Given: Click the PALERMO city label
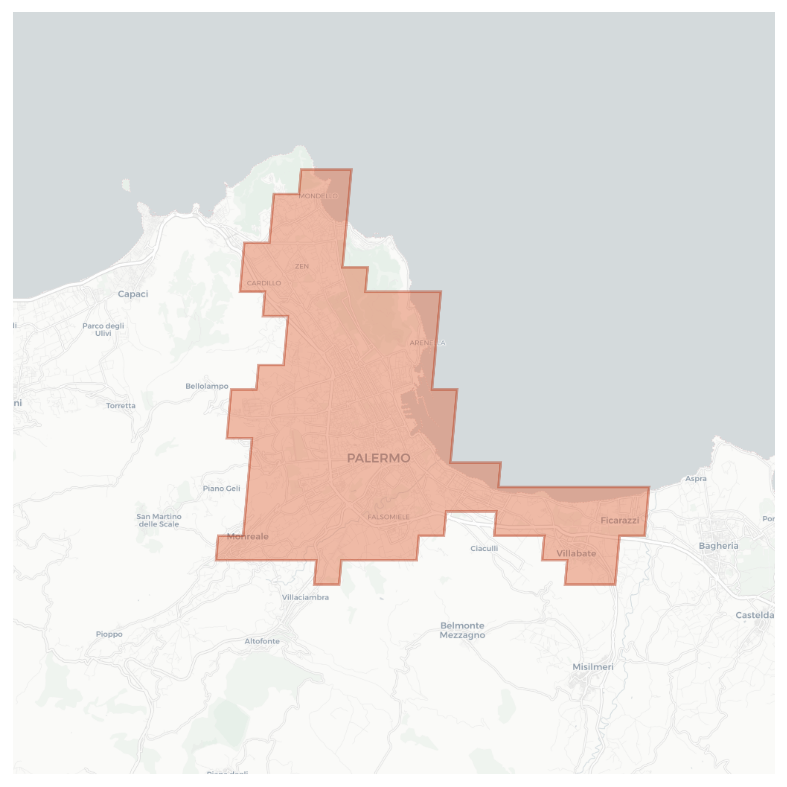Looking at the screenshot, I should (378, 458).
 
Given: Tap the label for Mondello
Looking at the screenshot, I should (318, 196).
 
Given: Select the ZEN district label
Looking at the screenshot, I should (302, 266).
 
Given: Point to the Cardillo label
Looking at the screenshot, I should (264, 283).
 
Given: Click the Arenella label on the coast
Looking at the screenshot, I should (427, 343).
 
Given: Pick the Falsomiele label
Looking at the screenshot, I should (389, 517).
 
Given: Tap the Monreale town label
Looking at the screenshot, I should (248, 536).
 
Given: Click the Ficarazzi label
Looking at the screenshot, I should (620, 520).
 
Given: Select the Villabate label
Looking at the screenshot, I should (576, 553).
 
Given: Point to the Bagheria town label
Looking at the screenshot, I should (718, 546).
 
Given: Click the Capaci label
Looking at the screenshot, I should (133, 294).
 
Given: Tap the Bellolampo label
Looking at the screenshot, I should (207, 386).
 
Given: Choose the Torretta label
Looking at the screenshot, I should (121, 406).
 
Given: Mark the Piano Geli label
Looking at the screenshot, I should (221, 488).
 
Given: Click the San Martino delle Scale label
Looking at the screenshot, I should (159, 520).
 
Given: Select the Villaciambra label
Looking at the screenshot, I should (305, 597).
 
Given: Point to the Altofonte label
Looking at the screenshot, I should (262, 641).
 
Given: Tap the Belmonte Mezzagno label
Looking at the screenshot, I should (462, 630).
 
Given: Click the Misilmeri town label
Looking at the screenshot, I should (593, 667).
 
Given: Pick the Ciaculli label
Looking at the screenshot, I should (484, 548).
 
